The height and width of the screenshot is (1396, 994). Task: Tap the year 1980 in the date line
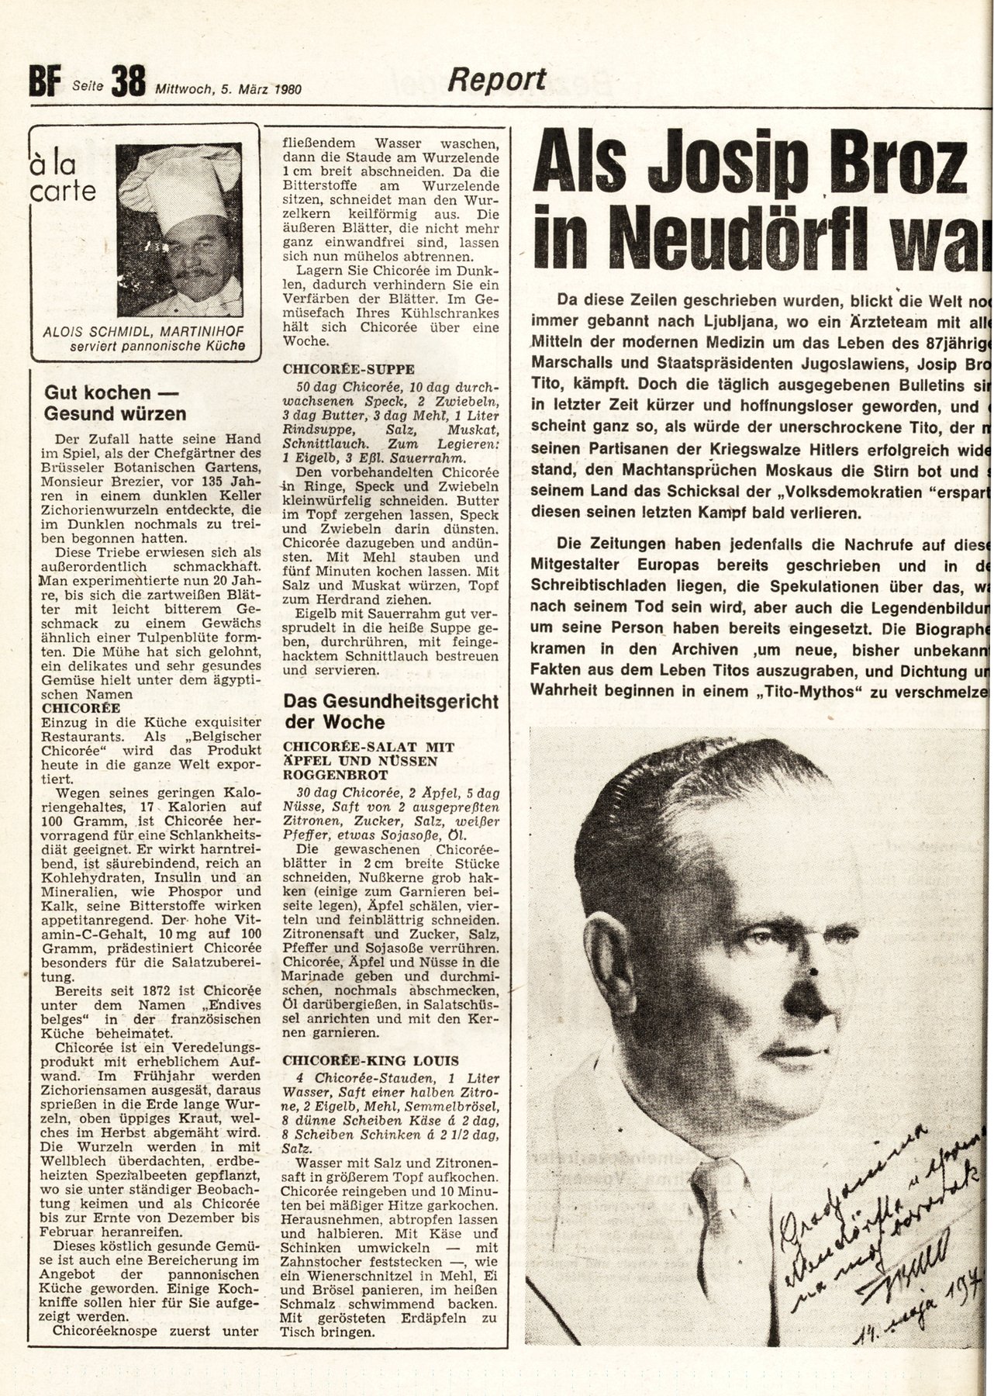point(287,88)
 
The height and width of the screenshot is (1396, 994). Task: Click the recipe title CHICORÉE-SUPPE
point(349,369)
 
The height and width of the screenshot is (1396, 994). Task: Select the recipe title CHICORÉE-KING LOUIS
point(371,1060)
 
